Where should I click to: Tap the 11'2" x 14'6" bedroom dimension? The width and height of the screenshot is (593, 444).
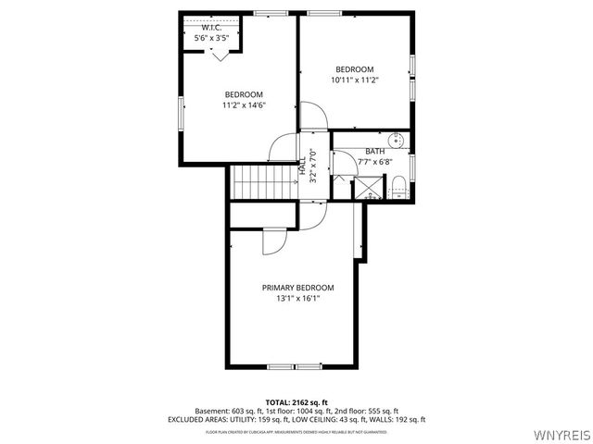click(x=244, y=105)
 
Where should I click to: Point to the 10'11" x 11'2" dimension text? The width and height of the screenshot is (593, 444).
click(x=354, y=80)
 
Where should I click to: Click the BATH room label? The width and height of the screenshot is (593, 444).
click(x=374, y=152)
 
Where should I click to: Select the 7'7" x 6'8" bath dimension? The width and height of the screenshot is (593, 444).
click(x=374, y=163)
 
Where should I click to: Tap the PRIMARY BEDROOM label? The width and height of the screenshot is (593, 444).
click(x=297, y=288)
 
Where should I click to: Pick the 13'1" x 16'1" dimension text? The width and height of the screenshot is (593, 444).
click(x=297, y=299)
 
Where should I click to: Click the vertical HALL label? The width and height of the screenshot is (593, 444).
click(x=303, y=166)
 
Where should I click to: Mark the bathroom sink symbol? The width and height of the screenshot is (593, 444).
click(x=396, y=142)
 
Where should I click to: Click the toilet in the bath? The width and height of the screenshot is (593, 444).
click(x=397, y=186)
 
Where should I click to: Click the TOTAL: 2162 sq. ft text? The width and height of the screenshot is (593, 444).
click(x=296, y=403)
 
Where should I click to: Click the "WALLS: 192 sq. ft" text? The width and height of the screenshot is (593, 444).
click(x=398, y=420)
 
